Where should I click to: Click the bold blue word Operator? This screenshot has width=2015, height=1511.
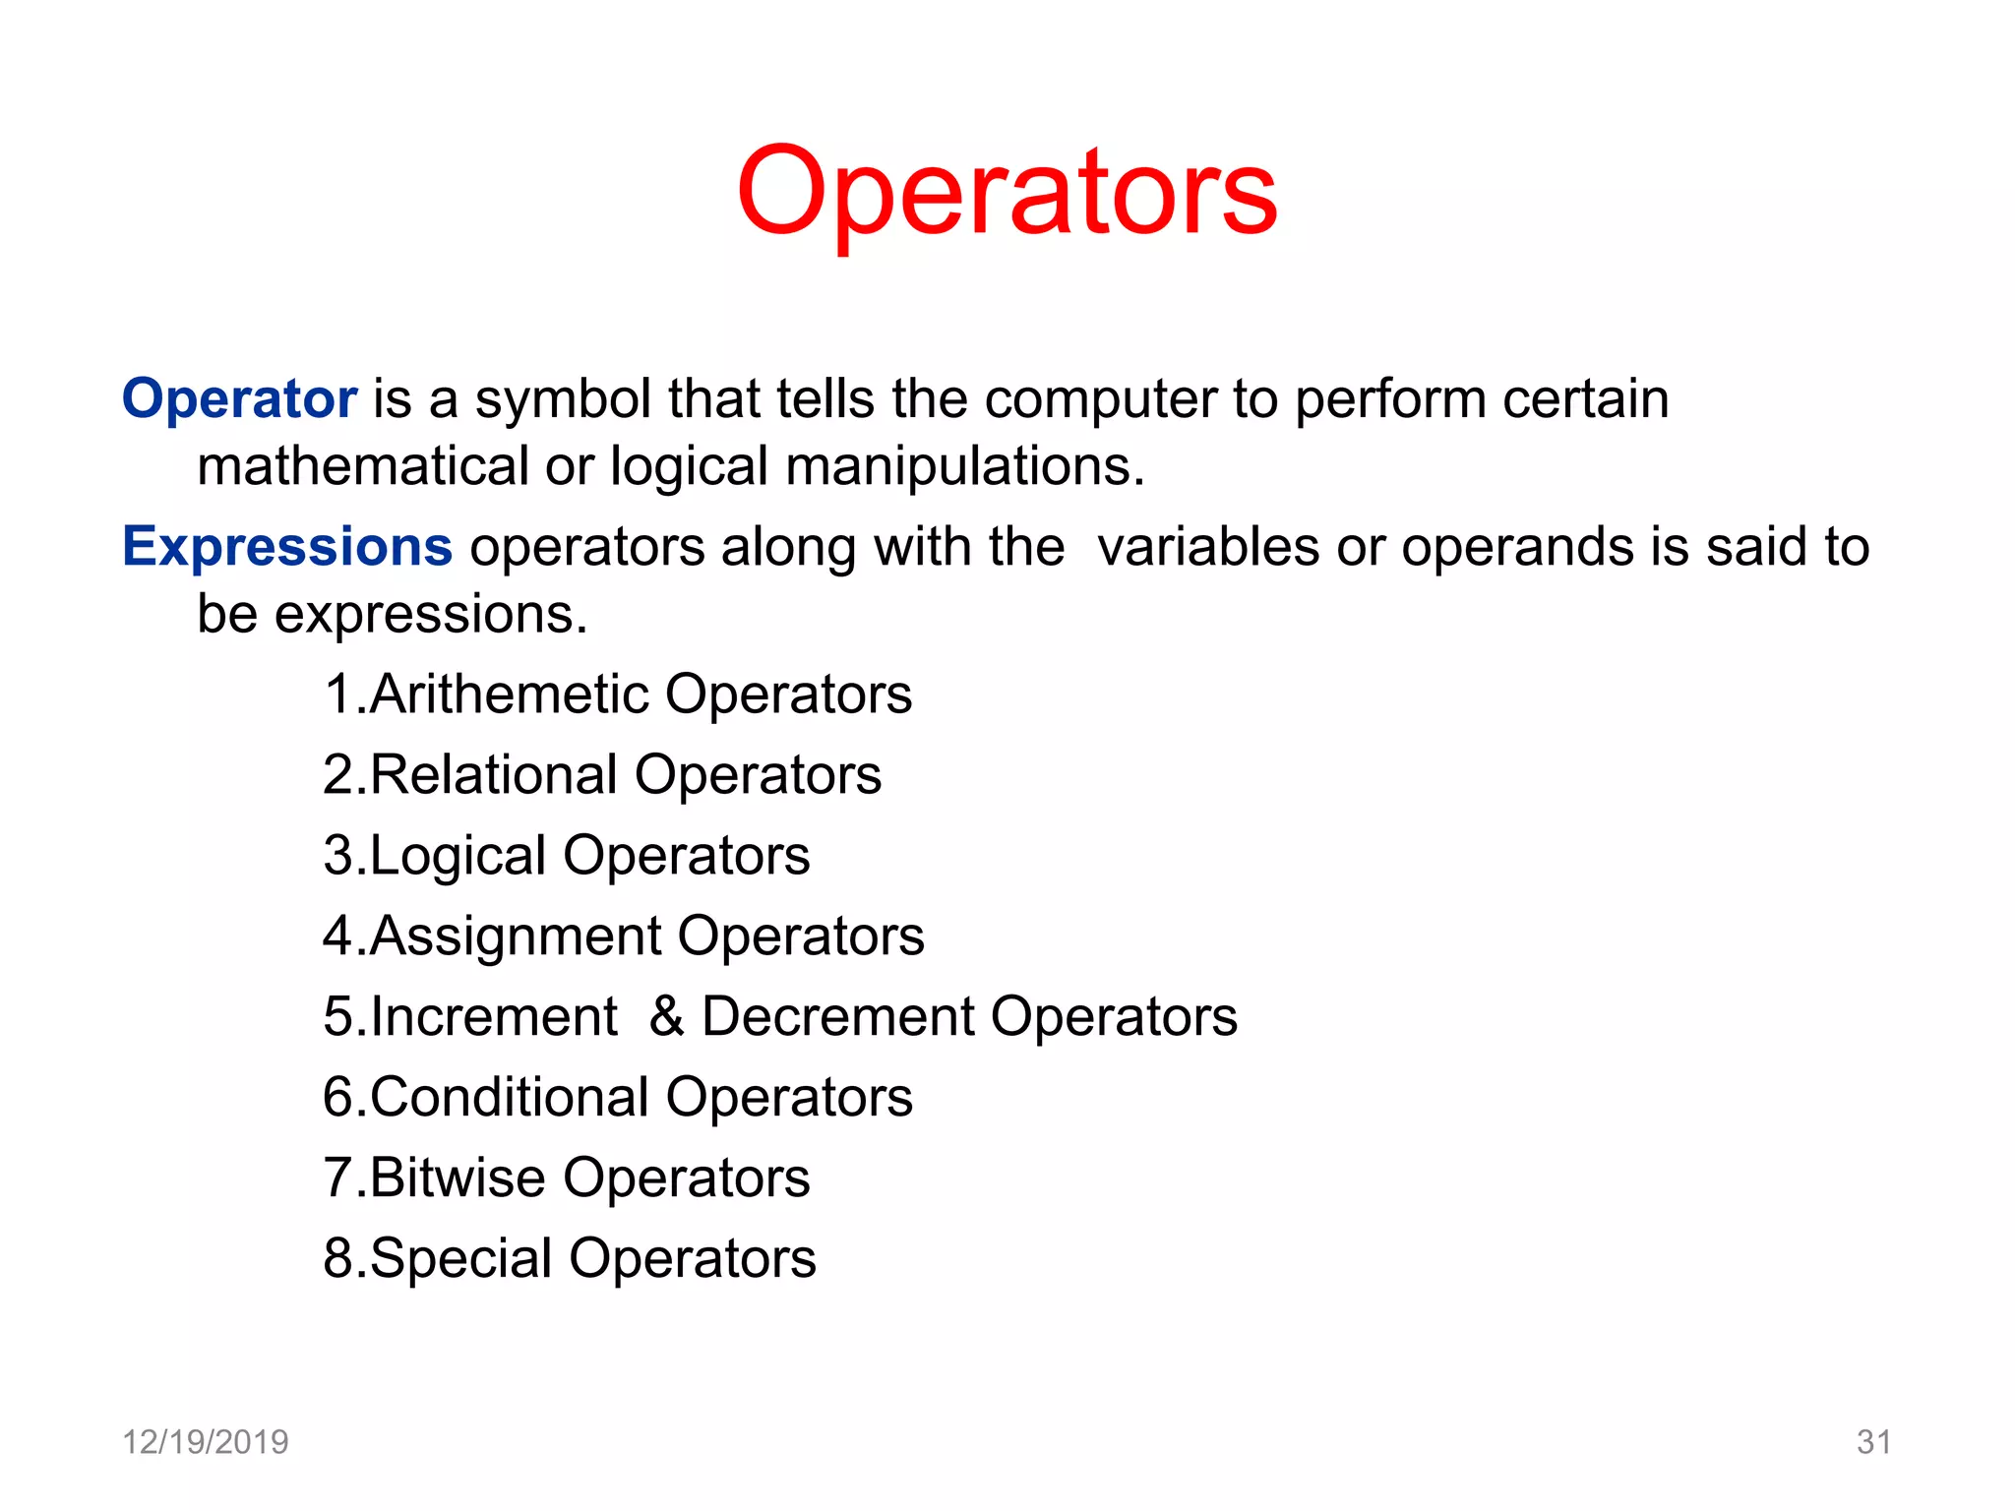[x=239, y=399]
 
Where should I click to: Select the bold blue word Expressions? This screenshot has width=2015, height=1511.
[x=287, y=547]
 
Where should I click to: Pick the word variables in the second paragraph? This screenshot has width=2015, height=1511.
[x=1208, y=547]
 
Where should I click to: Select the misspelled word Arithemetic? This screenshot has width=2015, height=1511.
[x=509, y=695]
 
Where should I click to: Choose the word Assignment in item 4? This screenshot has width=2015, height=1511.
[x=516, y=937]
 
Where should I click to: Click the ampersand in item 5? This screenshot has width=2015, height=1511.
[x=666, y=1016]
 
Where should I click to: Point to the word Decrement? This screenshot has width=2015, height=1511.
[x=837, y=1016]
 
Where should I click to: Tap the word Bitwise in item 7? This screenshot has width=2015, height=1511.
[x=458, y=1178]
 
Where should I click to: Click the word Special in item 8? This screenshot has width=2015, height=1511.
[x=460, y=1258]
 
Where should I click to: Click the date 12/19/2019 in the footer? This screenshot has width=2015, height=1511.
[x=205, y=1442]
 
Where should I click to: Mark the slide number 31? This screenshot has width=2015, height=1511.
[x=1873, y=1442]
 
